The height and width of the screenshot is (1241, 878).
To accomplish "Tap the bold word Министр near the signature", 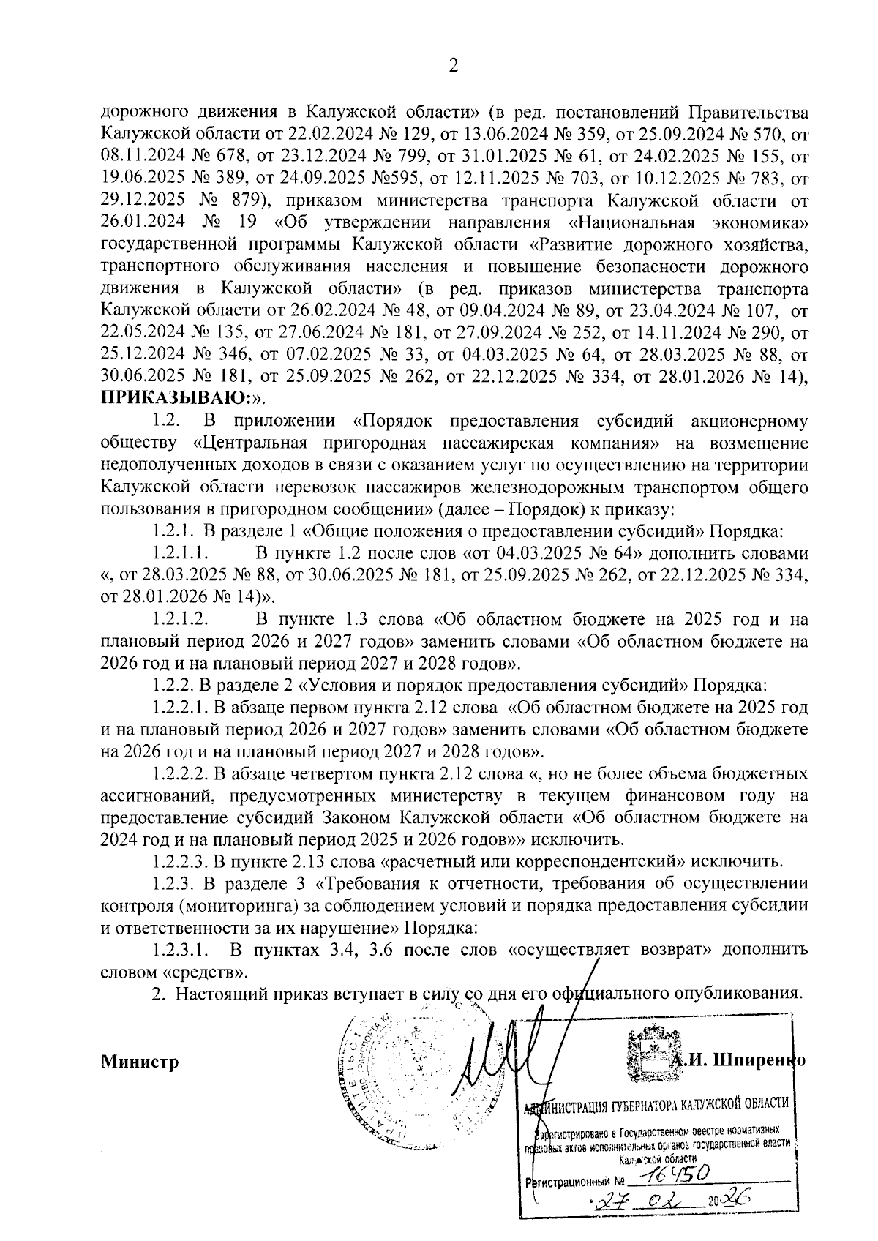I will pos(140,1061).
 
